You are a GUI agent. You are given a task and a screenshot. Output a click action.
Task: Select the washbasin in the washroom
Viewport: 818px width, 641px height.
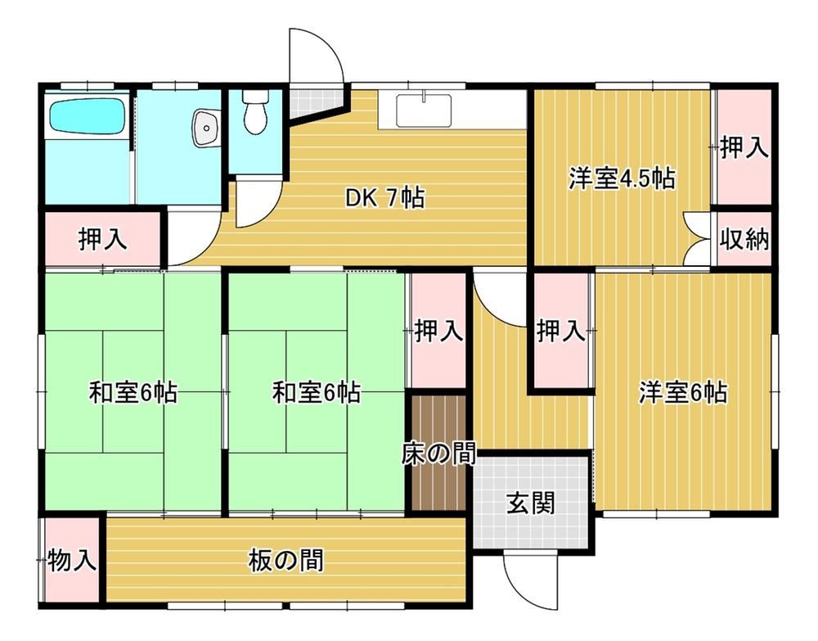click(206, 128)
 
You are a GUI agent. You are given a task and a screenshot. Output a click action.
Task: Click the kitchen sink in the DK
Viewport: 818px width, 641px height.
click(424, 110)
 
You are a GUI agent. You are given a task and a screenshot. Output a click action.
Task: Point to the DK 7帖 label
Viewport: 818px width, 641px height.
click(385, 198)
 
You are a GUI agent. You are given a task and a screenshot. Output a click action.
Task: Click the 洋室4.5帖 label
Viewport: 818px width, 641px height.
click(622, 178)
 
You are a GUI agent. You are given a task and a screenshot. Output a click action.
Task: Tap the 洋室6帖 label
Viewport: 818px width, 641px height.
click(683, 392)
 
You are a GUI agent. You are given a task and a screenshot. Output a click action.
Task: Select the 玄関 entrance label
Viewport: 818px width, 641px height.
click(531, 503)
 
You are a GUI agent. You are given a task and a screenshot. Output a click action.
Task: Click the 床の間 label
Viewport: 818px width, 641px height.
click(438, 454)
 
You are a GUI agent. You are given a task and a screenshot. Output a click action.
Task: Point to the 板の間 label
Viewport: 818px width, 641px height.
click(285, 560)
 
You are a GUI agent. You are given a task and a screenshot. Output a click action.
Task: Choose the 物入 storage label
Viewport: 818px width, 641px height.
click(72, 561)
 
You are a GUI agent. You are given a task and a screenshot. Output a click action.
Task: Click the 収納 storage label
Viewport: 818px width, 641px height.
click(745, 240)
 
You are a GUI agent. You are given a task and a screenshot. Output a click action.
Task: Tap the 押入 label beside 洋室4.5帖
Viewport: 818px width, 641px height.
click(744, 147)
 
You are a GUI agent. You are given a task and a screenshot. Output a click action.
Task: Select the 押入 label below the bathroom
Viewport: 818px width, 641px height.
click(103, 240)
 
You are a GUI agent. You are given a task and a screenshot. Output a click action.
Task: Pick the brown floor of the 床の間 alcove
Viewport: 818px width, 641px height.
click(438, 453)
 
